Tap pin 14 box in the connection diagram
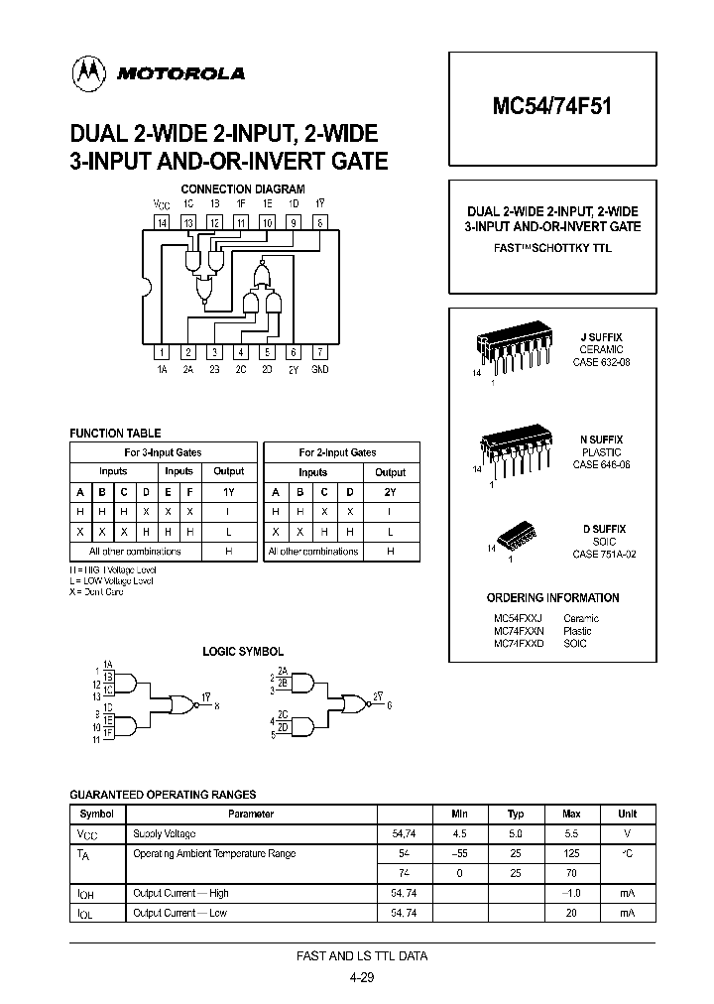(x=163, y=223)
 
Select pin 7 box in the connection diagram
(x=319, y=351)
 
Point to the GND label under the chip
(x=319, y=368)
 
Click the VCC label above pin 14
(x=162, y=203)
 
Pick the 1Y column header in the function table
(x=229, y=491)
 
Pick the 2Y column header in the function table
(x=390, y=491)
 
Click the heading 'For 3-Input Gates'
(x=164, y=452)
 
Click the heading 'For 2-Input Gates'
(x=338, y=452)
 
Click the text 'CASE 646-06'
(x=602, y=464)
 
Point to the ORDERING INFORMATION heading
(x=553, y=598)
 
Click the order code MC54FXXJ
(x=518, y=617)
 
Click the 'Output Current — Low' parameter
(x=180, y=912)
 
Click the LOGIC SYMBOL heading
(x=243, y=652)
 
